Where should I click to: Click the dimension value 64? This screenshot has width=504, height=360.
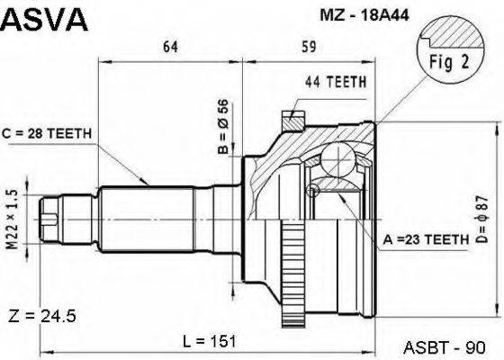[170, 47]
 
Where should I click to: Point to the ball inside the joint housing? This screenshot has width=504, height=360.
[344, 163]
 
